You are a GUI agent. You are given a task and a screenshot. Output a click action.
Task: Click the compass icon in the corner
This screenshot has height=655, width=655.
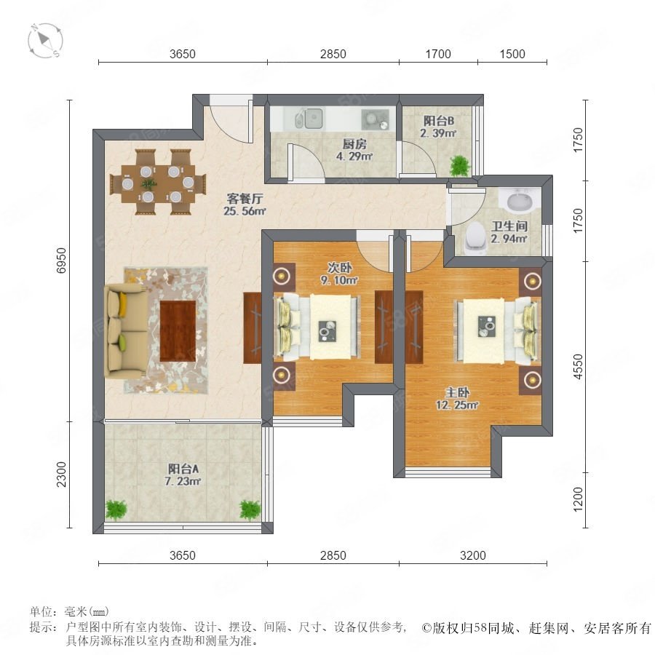click(46, 41)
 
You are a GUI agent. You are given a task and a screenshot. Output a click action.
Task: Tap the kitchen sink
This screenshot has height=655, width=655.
click(309, 119)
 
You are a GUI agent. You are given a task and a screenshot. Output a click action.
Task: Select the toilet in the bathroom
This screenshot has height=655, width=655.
click(475, 239)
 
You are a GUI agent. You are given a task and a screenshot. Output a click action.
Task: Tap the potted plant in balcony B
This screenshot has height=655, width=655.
click(460, 165)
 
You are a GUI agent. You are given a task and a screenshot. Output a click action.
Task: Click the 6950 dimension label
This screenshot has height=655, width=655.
click(61, 261)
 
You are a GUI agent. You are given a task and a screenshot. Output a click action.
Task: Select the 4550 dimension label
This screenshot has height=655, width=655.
click(578, 366)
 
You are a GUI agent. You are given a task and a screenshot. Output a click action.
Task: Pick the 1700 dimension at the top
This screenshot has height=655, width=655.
click(438, 54)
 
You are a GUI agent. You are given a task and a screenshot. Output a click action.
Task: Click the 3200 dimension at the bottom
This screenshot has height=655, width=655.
click(473, 555)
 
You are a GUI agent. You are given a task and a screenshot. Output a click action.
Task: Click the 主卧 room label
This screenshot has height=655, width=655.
click(457, 392)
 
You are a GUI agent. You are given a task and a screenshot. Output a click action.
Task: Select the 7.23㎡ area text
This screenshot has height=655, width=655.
click(183, 481)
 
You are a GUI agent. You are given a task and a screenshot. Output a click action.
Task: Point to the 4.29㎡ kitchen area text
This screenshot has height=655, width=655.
click(354, 156)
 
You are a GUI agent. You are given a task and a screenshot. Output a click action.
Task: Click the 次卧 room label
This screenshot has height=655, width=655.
click(339, 267)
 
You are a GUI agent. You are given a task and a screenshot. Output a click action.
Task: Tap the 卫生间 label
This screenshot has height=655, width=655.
click(509, 226)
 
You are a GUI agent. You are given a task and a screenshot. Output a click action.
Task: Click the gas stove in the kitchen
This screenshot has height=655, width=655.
click(375, 119)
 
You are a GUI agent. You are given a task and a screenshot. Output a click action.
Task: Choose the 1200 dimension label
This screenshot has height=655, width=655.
click(578, 499)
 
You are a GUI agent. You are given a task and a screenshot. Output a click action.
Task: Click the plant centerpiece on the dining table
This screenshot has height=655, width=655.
click(148, 183)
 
